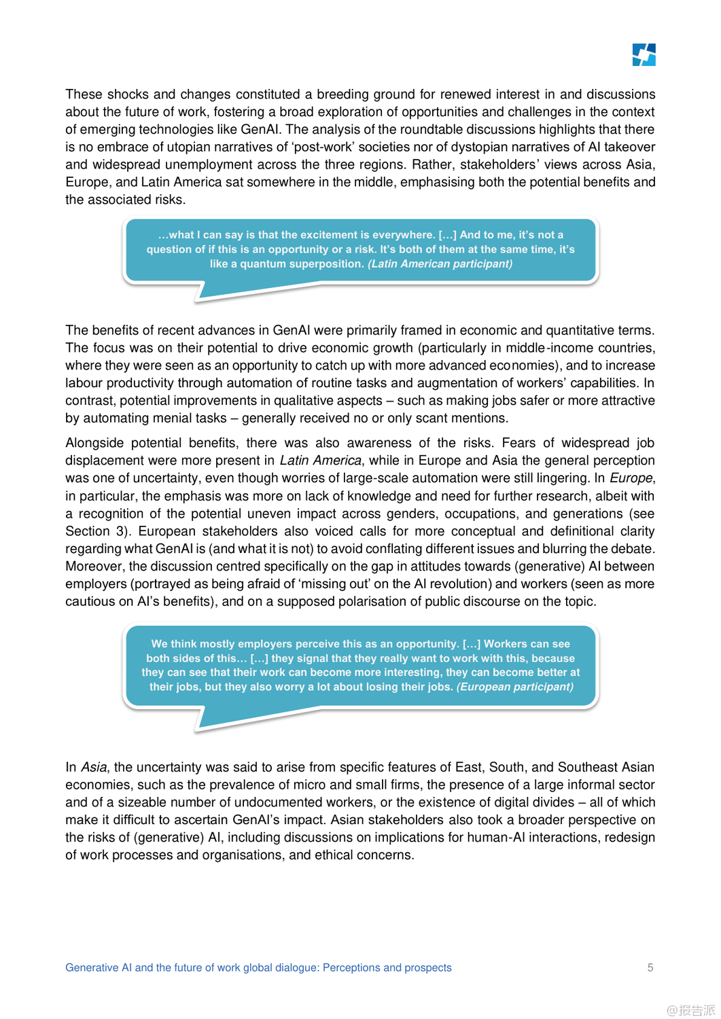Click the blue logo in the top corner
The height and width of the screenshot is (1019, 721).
pos(644,55)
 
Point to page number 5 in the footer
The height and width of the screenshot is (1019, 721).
pos(650,967)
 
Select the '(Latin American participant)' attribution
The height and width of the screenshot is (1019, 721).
pos(440,264)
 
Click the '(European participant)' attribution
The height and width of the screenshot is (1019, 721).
pos(514,687)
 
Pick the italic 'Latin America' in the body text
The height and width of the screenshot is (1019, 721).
pos(320,461)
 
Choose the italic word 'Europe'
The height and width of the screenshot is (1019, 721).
pos(631,478)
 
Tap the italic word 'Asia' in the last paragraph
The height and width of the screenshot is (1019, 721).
pos(94,767)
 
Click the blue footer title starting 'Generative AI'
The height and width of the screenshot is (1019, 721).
pos(258,967)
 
